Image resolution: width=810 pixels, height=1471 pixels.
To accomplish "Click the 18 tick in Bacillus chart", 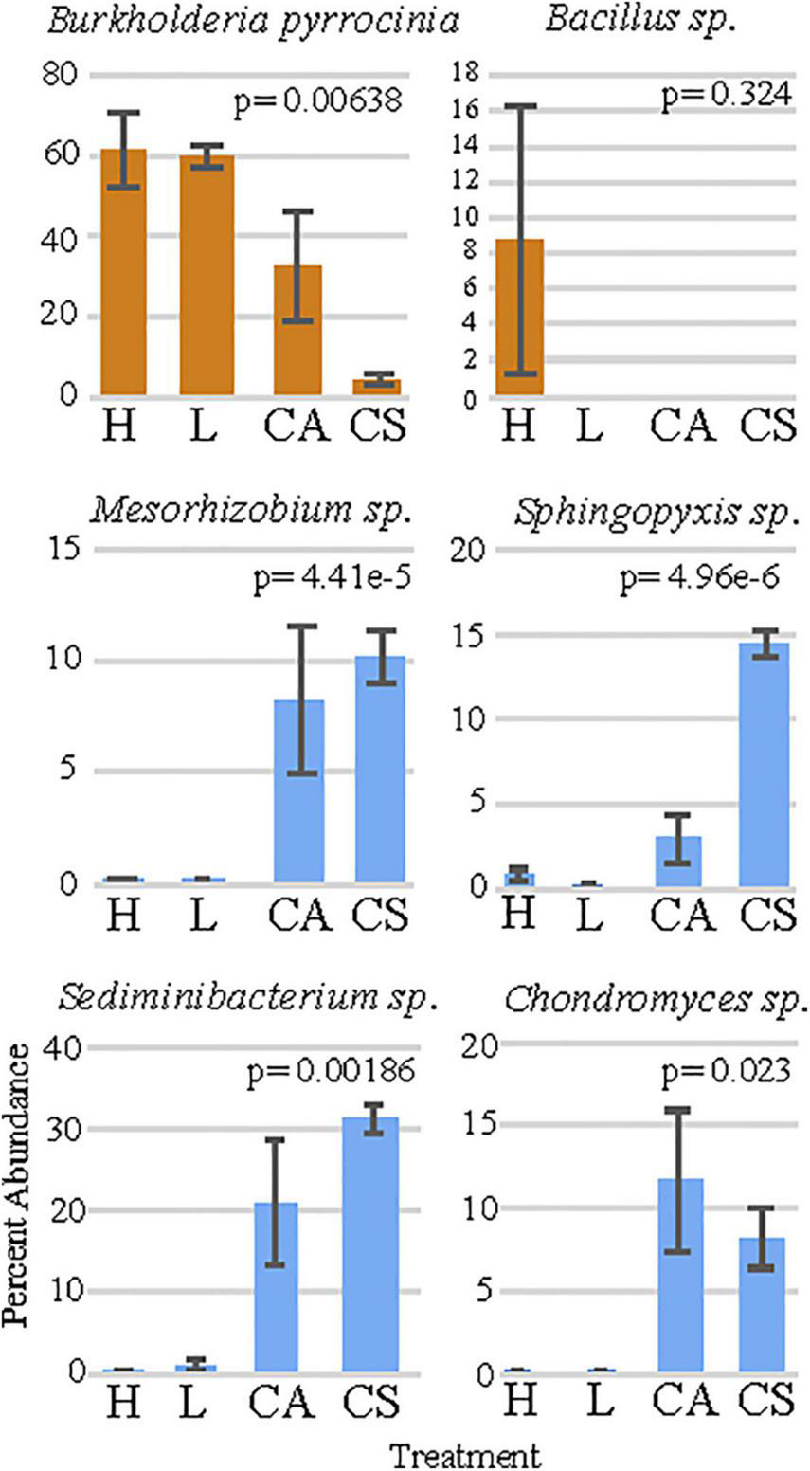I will tap(466, 74).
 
